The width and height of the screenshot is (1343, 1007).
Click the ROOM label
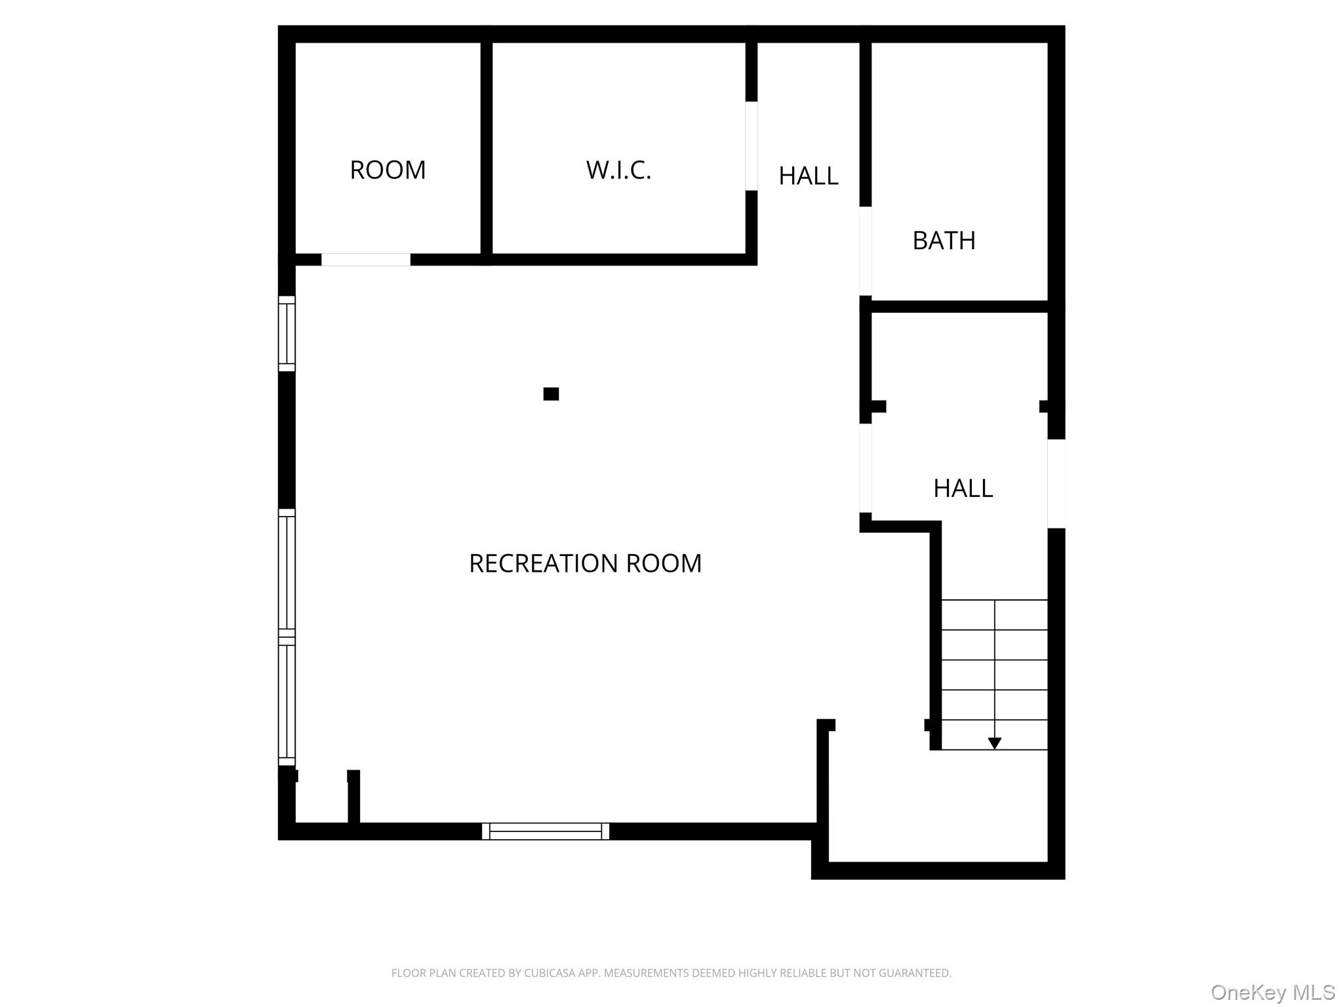388,170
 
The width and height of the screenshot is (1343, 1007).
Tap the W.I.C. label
618,170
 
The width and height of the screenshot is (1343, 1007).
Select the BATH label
944,241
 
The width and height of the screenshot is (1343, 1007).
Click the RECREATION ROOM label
585,564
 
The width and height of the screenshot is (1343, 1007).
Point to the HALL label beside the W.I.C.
808,176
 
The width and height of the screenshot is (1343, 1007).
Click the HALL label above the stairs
963,488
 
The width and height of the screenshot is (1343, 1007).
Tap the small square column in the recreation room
551,394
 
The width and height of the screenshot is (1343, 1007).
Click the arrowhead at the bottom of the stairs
994,743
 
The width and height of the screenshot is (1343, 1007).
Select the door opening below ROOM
365,260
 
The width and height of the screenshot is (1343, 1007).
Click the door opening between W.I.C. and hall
752,146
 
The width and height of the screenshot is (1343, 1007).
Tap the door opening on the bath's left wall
866,251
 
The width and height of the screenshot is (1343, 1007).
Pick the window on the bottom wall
546,831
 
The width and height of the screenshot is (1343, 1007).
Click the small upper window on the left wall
287,334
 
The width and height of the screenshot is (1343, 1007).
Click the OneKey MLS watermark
1272,992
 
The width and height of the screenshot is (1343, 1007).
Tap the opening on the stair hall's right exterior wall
1056,483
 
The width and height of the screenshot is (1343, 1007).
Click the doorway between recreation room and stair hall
866,468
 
